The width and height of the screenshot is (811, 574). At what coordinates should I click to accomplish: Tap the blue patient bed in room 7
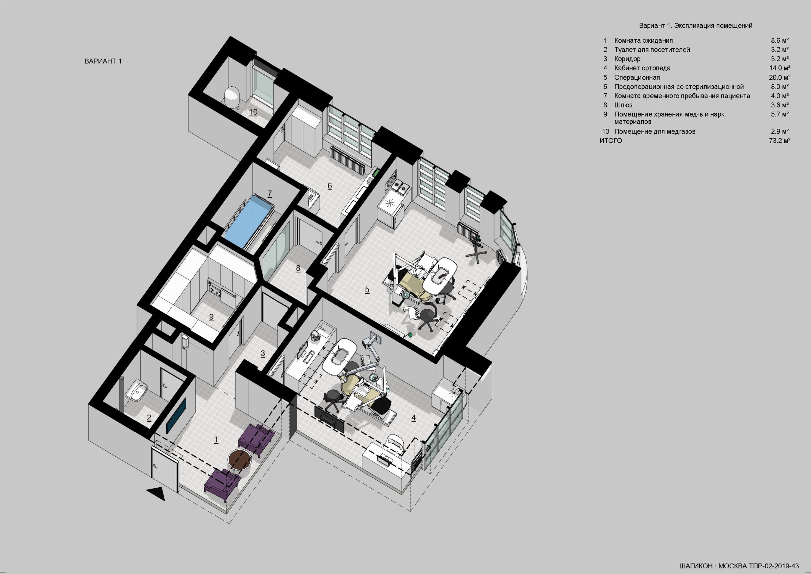(x=249, y=221)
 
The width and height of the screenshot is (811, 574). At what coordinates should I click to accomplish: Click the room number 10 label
(x=253, y=112)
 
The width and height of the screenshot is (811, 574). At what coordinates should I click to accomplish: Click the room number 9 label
(x=211, y=317)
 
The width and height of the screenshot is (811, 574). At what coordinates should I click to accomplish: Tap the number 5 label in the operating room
(x=367, y=290)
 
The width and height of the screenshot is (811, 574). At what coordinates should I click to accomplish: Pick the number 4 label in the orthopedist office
(x=413, y=418)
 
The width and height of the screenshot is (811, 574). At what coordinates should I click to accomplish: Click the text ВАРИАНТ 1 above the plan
(x=103, y=61)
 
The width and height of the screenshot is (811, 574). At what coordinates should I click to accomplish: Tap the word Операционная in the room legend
(x=637, y=78)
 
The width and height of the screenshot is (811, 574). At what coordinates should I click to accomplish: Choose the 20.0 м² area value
(x=780, y=78)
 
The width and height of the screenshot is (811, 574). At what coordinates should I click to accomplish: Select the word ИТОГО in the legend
(x=610, y=141)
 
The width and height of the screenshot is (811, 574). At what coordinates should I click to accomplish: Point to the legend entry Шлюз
(x=623, y=105)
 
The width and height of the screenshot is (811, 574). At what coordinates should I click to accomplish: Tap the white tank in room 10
(x=233, y=96)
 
